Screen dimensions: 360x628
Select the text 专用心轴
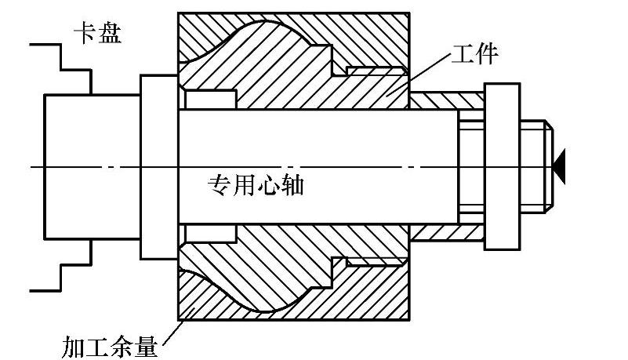pos(255,186)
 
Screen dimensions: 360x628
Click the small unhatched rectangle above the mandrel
pos(210,100)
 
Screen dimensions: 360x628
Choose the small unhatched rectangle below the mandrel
pos(210,234)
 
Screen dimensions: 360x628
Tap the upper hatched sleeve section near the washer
pos(447,100)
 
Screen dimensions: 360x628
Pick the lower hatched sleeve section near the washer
pos(447,232)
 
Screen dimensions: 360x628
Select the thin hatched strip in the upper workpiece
pos(374,71)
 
